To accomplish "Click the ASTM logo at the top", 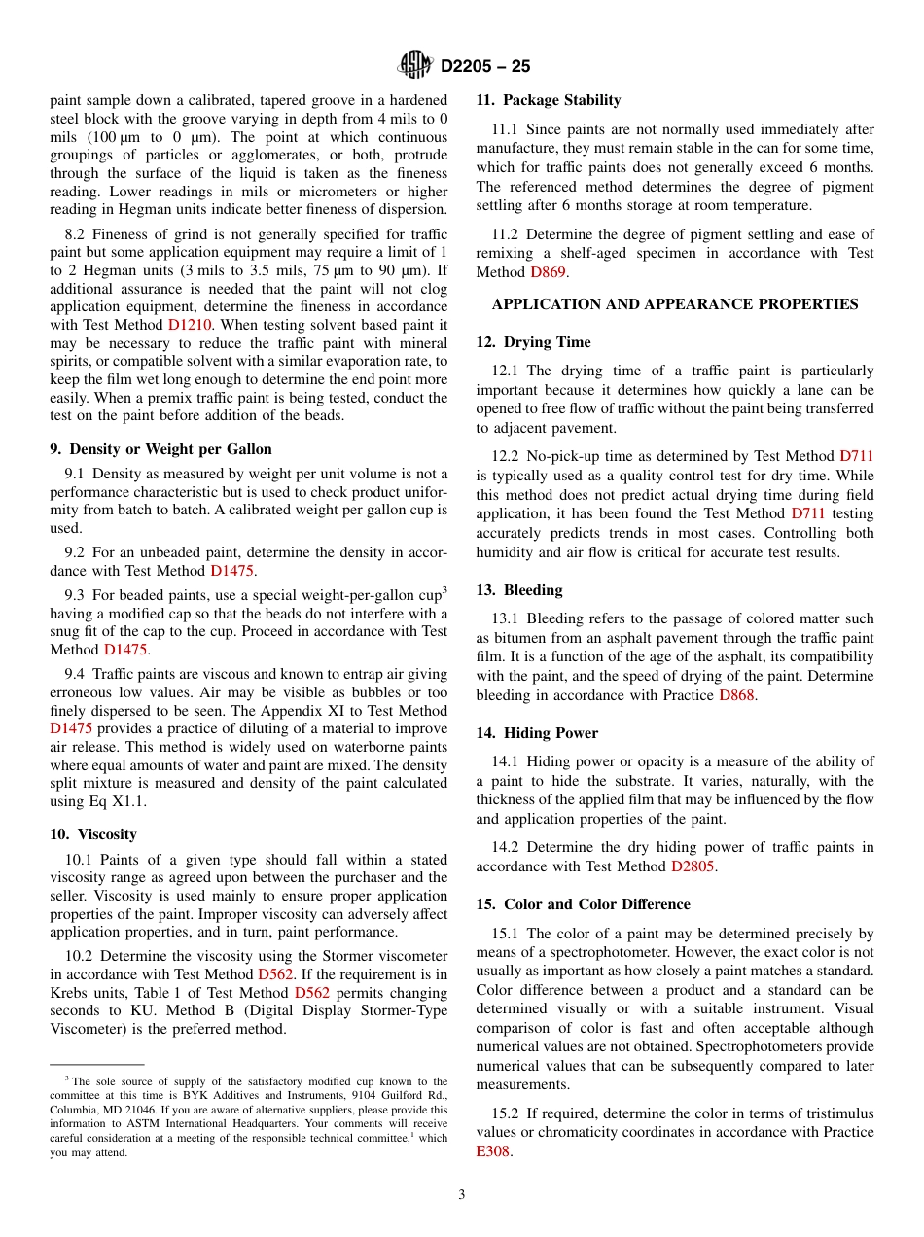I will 415,66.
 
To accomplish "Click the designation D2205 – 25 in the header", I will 485,67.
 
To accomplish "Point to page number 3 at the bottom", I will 462,1194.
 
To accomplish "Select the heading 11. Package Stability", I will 548,100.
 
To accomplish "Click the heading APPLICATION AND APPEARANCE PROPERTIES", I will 675,304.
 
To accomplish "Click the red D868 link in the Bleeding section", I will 736,695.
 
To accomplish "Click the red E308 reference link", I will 492,1151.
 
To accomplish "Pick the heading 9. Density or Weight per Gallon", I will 160,449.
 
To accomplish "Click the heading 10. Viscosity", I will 93,834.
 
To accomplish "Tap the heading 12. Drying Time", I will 533,342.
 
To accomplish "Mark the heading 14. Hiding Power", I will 537,733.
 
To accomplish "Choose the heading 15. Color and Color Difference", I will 583,904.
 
